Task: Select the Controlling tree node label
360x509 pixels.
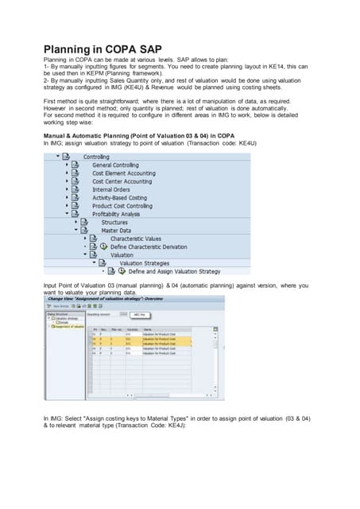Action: [x=97, y=157]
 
